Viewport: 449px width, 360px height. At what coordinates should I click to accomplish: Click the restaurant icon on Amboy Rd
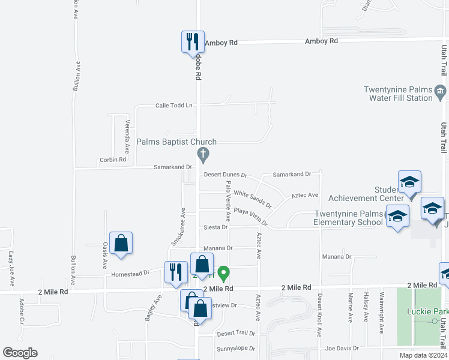click(x=193, y=42)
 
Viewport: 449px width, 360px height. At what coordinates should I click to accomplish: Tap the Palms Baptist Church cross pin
click(x=203, y=155)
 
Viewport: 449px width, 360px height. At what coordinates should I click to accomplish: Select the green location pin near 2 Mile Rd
click(x=223, y=274)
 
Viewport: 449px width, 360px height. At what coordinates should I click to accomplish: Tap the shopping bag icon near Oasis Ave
click(x=121, y=243)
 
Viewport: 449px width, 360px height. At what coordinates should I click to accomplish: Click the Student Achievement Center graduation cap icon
click(x=409, y=182)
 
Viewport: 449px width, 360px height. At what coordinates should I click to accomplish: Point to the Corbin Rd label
click(x=113, y=160)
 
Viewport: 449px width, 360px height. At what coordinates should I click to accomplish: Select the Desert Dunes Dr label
click(x=225, y=175)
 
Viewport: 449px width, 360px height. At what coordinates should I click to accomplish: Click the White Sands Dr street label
click(x=253, y=196)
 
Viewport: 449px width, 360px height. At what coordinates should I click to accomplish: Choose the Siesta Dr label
click(x=216, y=227)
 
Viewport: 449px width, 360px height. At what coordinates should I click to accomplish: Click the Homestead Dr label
click(x=130, y=274)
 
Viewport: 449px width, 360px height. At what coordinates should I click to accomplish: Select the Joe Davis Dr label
click(x=342, y=347)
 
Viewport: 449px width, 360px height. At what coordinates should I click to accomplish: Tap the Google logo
click(x=20, y=353)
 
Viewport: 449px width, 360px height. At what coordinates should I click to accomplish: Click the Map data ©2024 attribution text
click(x=423, y=355)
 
